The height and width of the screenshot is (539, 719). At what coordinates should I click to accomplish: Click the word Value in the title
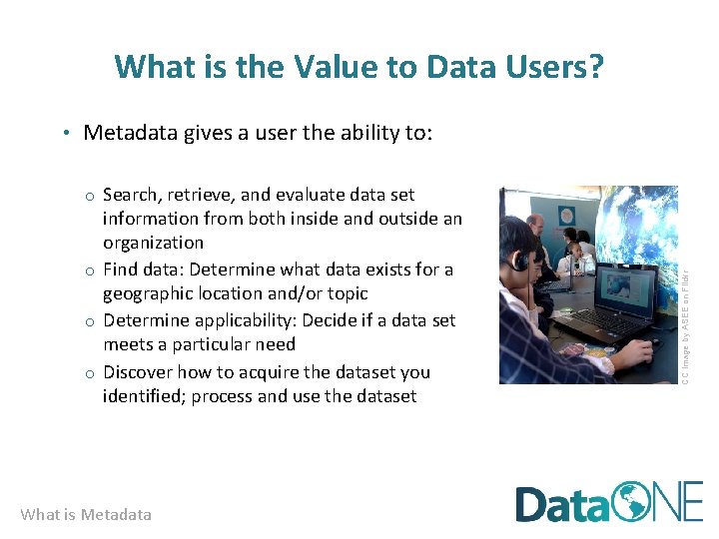pos(326,67)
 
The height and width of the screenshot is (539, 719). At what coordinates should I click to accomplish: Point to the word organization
pos(153,243)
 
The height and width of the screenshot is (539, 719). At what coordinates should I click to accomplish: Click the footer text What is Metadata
pos(86,515)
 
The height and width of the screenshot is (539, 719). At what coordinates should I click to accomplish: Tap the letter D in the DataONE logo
pos(533,503)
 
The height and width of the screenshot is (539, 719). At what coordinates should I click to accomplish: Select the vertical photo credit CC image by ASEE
pos(686,284)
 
